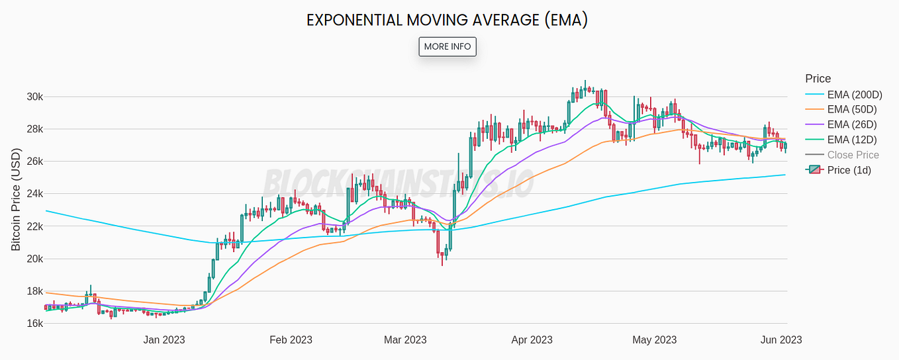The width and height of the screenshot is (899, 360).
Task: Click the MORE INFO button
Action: tap(448, 46)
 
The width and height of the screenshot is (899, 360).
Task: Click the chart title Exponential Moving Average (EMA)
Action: tap(447, 20)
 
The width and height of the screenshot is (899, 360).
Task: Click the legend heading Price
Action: tap(818, 79)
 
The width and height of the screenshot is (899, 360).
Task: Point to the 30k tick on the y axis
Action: tap(34, 97)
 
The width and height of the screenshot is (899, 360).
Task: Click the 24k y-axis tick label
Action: tap(34, 194)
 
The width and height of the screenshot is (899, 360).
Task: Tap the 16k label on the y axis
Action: tap(34, 324)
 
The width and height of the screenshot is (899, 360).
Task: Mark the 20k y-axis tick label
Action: tap(34, 259)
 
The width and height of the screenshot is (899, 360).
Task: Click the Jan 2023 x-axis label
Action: tap(164, 340)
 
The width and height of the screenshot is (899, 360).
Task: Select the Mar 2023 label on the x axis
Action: tap(405, 340)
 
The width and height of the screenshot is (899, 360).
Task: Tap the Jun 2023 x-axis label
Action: tap(781, 340)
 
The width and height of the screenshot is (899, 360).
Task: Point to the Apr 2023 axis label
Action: tap(532, 340)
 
